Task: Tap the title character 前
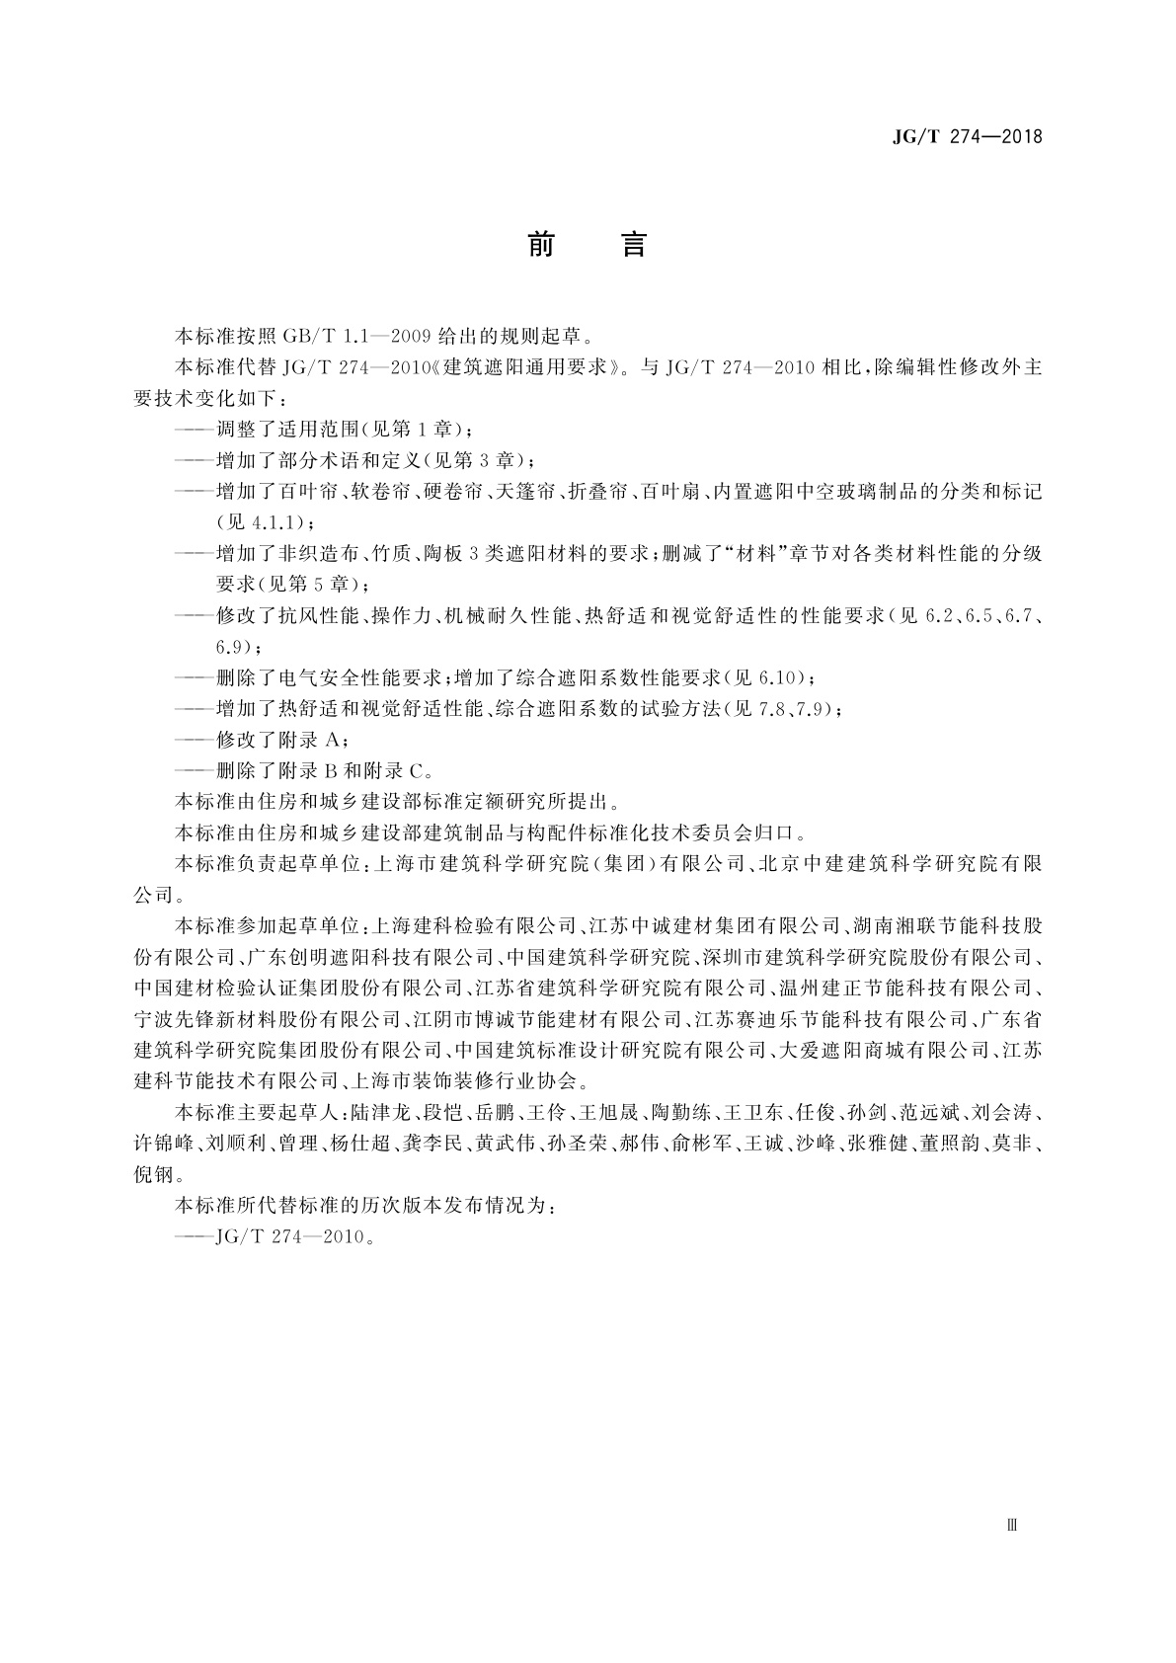coord(541,244)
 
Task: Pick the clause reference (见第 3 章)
coord(479,460)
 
